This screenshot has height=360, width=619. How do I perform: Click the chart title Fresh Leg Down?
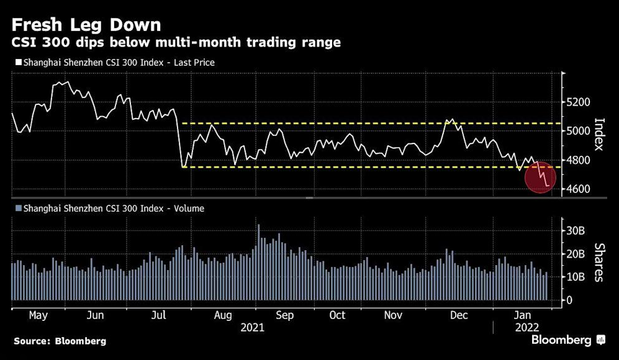click(86, 25)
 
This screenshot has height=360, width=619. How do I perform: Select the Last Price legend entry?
click(115, 62)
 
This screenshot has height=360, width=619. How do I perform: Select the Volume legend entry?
click(110, 208)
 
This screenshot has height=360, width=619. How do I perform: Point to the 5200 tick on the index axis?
click(579, 102)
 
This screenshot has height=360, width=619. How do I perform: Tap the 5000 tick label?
click(579, 131)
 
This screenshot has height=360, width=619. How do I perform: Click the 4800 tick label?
click(579, 160)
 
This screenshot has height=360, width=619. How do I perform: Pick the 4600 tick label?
click(579, 189)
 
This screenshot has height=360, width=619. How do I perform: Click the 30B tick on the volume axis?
click(575, 231)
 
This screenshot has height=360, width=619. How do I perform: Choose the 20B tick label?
click(575, 254)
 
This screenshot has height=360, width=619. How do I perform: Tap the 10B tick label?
click(575, 277)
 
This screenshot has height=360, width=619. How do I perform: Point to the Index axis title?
click(599, 134)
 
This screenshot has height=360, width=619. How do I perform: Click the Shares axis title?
click(599, 262)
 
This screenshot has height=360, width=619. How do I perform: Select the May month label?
click(38, 315)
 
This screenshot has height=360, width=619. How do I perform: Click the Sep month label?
click(284, 315)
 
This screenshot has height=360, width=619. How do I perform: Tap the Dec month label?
click(459, 315)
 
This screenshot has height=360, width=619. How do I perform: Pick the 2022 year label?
click(527, 328)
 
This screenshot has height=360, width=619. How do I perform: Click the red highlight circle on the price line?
click(540, 178)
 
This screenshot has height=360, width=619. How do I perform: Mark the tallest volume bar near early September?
click(258, 262)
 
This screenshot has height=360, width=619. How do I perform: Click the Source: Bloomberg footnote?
click(60, 341)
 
